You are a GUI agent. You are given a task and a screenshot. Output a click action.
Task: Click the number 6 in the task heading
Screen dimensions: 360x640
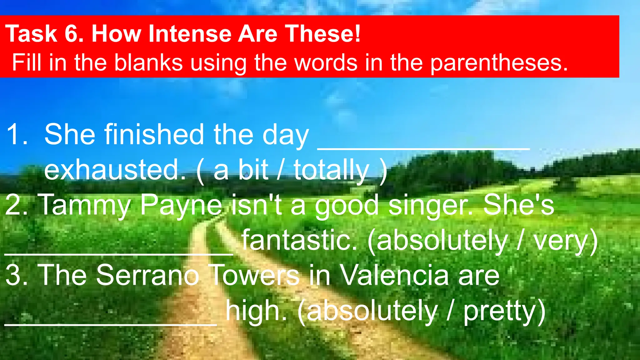(x=72, y=33)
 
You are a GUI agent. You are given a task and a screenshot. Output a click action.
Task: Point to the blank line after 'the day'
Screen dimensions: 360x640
(x=423, y=148)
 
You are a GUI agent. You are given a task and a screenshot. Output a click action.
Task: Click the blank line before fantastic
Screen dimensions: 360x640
(x=119, y=254)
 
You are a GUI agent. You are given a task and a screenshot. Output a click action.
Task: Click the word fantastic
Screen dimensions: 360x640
(x=299, y=240)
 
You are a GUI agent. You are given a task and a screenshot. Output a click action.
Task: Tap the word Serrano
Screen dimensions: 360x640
(x=147, y=275)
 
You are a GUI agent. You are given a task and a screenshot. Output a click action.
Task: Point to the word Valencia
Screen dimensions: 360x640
(x=394, y=275)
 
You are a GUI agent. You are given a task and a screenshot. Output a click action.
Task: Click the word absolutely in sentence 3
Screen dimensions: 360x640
(x=372, y=311)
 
